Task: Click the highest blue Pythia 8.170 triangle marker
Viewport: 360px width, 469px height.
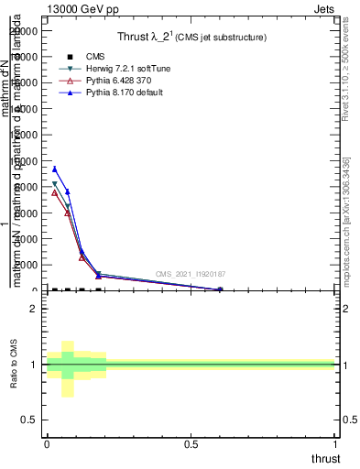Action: pyautogui.click(x=55, y=169)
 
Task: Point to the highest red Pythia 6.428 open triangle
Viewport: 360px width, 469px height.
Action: pyautogui.click(x=55, y=192)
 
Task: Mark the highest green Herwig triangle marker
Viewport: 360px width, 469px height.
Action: pyautogui.click(x=55, y=184)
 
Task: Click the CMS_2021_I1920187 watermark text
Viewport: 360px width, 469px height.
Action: pyautogui.click(x=190, y=274)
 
